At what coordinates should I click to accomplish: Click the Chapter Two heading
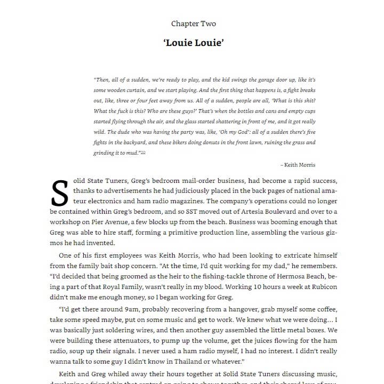tap(194, 23)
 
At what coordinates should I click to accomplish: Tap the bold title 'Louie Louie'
tap(194, 43)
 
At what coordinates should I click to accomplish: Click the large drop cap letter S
tap(60, 193)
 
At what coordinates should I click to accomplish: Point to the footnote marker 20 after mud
tap(143, 153)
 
